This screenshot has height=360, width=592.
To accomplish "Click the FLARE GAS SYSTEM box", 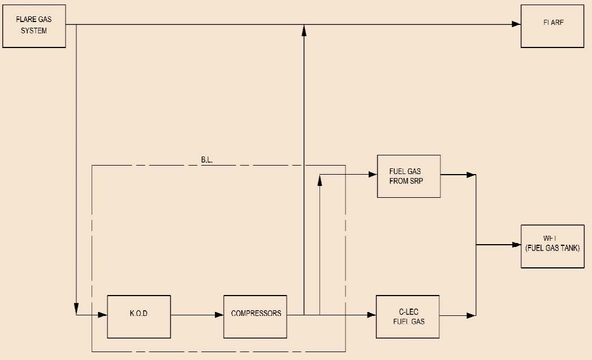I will [34, 25].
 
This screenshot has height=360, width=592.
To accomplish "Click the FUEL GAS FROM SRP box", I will [408, 176].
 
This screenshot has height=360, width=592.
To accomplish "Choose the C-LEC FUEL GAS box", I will [408, 316].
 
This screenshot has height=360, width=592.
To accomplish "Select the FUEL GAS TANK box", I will [552, 245].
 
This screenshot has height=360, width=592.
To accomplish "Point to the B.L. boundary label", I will [207, 160].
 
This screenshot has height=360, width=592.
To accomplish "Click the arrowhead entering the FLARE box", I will [516, 24].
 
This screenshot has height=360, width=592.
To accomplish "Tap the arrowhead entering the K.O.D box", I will [102, 314].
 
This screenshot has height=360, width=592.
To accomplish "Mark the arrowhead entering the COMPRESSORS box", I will [219, 314].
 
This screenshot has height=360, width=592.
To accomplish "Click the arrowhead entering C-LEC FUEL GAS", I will [371, 314].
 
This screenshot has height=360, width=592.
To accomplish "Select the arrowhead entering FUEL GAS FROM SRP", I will [373, 175].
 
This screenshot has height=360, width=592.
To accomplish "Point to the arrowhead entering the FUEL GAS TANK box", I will [516, 245].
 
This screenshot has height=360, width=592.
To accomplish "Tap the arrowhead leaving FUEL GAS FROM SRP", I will [470, 175].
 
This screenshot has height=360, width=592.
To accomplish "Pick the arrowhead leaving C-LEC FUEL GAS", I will [470, 314].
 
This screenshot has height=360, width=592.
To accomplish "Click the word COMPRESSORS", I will [256, 313].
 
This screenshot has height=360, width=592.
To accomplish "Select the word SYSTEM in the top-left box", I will [34, 31].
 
